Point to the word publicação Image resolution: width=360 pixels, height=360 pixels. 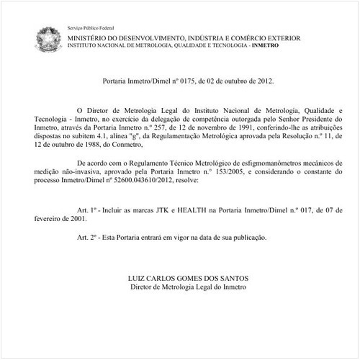click(x=247, y=235)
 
